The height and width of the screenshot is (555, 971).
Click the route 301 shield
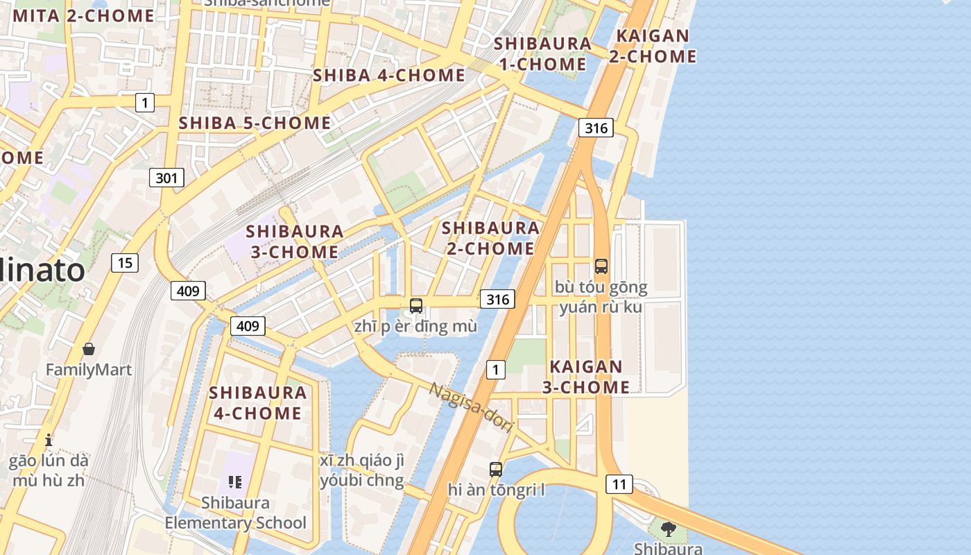[x=166, y=178]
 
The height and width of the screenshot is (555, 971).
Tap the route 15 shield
[x=125, y=263]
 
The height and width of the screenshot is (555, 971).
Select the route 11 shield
[x=619, y=484]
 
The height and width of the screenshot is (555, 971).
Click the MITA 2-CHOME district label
[x=83, y=15]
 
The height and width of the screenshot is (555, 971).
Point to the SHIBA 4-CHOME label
[x=389, y=75]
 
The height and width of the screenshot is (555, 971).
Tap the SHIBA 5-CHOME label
[x=255, y=123]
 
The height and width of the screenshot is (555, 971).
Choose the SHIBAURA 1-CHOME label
[x=542, y=53]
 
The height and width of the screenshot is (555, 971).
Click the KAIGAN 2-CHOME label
[x=653, y=46]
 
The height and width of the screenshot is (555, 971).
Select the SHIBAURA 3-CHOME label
[x=295, y=241]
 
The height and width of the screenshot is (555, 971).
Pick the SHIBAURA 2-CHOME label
[x=490, y=238]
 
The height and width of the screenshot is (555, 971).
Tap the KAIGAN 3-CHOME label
[x=586, y=377]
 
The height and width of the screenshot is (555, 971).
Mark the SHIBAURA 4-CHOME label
[x=257, y=402]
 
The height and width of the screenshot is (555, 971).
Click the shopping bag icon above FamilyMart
[x=88, y=349]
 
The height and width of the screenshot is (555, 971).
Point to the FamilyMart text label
[x=88, y=370]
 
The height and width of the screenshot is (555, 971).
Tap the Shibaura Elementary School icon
[x=234, y=481]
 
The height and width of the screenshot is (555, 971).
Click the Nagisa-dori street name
[x=471, y=407]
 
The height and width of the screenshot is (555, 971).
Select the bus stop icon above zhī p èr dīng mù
[x=416, y=305]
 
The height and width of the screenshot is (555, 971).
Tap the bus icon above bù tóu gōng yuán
[x=601, y=266]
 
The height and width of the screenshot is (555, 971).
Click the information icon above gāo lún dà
[x=49, y=440]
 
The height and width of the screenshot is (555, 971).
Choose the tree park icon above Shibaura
[x=669, y=530]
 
